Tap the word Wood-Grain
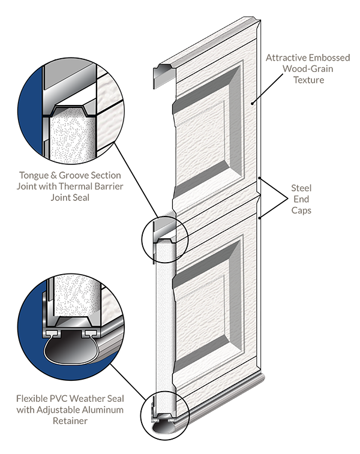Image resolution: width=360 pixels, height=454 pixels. pyautogui.click(x=308, y=68)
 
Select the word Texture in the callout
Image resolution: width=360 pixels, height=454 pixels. pyautogui.click(x=309, y=80)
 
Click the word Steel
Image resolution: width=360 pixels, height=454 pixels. pyautogui.click(x=301, y=188)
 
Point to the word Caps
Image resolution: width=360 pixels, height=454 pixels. pyautogui.click(x=301, y=210)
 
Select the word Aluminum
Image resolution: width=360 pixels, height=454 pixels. pyautogui.click(x=103, y=410)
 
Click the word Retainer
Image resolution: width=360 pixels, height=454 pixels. pyautogui.click(x=70, y=420)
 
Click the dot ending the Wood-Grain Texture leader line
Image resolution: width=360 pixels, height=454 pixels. pyautogui.click(x=253, y=103)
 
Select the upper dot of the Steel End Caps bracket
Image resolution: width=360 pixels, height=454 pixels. pyautogui.click(x=260, y=178)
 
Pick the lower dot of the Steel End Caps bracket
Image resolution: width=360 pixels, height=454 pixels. pyautogui.click(x=260, y=218)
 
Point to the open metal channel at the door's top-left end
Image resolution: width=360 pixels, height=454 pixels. pyautogui.click(x=163, y=76)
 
